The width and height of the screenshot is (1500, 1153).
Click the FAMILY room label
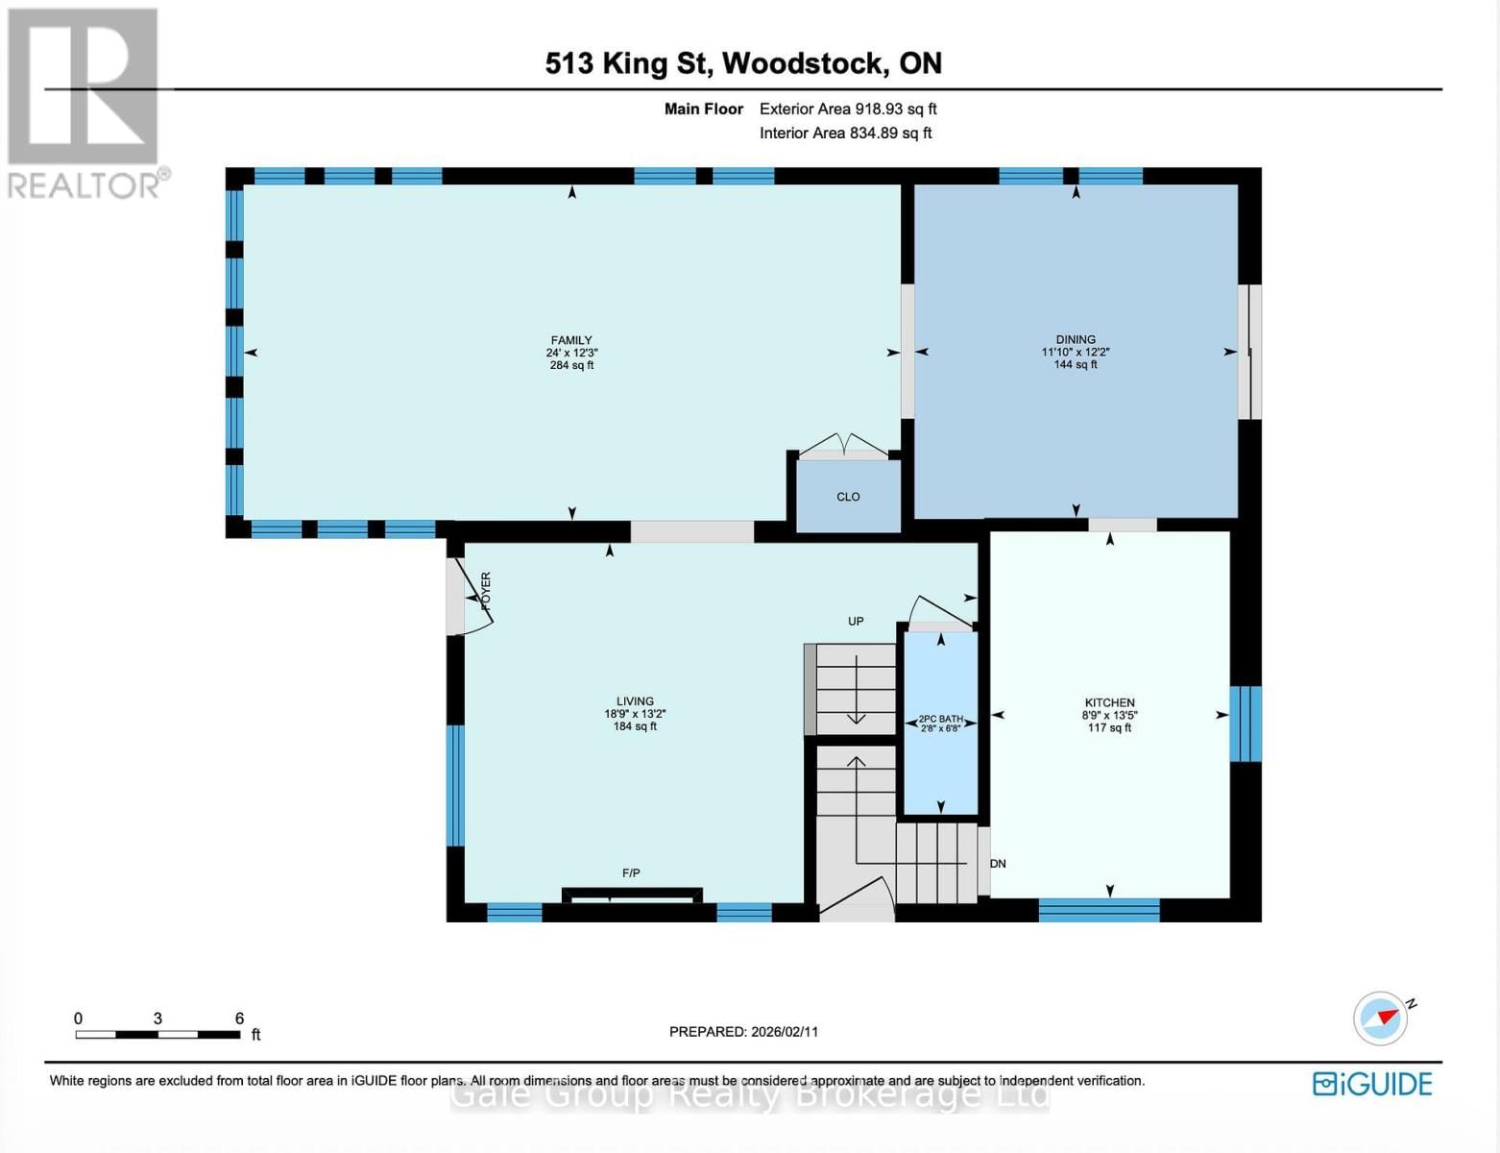(571, 340)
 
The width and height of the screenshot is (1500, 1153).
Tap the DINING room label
(1076, 339)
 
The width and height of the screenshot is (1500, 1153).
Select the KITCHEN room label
(1109, 702)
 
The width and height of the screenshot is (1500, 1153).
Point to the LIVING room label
(635, 701)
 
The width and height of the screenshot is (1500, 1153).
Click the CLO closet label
(848, 497)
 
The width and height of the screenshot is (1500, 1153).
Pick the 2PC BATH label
(940, 719)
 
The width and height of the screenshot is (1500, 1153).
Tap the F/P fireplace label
(631, 873)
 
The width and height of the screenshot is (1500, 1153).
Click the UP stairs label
(856, 622)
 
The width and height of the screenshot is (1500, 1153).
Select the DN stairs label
(999, 864)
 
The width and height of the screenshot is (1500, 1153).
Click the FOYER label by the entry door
(485, 591)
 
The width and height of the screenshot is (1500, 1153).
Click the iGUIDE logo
(1372, 1084)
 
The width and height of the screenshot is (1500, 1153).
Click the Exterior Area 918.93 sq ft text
(848, 110)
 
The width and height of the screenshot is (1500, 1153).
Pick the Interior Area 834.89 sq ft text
(845, 134)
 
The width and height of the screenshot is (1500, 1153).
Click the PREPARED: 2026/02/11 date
(743, 1032)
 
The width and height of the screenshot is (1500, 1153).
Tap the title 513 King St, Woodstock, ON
(743, 63)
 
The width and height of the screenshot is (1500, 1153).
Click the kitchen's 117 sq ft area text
(1109, 728)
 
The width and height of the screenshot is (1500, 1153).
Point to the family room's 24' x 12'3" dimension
(571, 353)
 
